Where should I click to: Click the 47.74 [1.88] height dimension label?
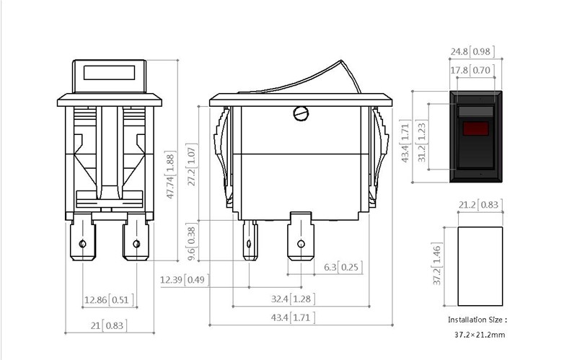point(170,175)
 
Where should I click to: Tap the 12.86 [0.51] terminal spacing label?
point(109,299)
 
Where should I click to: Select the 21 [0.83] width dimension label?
point(109,325)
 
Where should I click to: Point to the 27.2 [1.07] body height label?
point(192,164)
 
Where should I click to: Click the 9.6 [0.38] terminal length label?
point(192,242)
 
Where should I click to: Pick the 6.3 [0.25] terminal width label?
point(343,267)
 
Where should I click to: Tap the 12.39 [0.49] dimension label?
point(185,280)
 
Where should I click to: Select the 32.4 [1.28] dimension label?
point(293,299)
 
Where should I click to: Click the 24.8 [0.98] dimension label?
point(472,51)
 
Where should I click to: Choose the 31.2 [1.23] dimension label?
point(421,141)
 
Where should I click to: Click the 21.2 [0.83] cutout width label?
point(480,205)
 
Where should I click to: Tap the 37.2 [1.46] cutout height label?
point(436,264)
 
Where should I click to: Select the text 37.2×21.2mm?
point(480,335)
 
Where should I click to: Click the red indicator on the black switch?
point(475,128)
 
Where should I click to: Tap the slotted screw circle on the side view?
point(301,113)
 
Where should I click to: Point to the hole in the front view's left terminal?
point(83,244)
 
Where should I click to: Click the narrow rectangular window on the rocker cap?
point(110,73)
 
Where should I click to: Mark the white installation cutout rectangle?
point(480,266)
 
